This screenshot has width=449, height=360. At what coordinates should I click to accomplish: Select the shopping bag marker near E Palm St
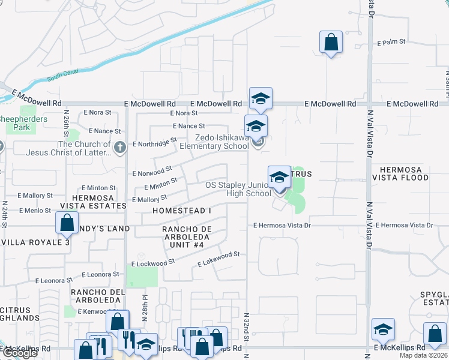(x=331, y=43)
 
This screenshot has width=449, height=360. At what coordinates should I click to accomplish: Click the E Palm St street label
(x=391, y=43)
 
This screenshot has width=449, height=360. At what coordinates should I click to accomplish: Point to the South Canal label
(x=63, y=77)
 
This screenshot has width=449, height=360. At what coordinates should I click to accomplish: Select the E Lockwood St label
(x=153, y=262)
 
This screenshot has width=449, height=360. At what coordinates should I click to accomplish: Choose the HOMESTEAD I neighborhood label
(x=181, y=211)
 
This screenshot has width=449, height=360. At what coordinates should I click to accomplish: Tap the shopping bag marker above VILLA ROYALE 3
(x=67, y=223)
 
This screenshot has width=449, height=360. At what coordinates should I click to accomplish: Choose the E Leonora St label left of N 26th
(x=53, y=280)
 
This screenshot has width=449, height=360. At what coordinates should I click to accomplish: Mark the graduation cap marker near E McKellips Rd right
(x=383, y=329)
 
